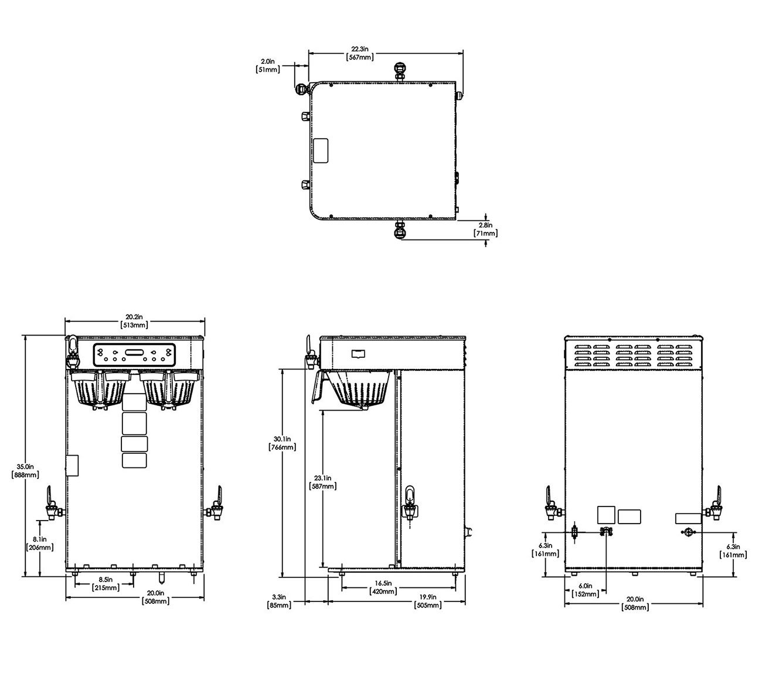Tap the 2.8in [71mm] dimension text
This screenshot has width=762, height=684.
485,229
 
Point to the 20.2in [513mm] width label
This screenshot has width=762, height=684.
135,321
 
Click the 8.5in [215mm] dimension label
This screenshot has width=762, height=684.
106,583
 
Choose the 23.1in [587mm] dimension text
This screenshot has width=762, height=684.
322,482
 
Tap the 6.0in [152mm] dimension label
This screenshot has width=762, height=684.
585,590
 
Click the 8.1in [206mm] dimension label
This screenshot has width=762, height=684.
40,543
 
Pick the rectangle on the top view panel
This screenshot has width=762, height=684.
322,151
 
